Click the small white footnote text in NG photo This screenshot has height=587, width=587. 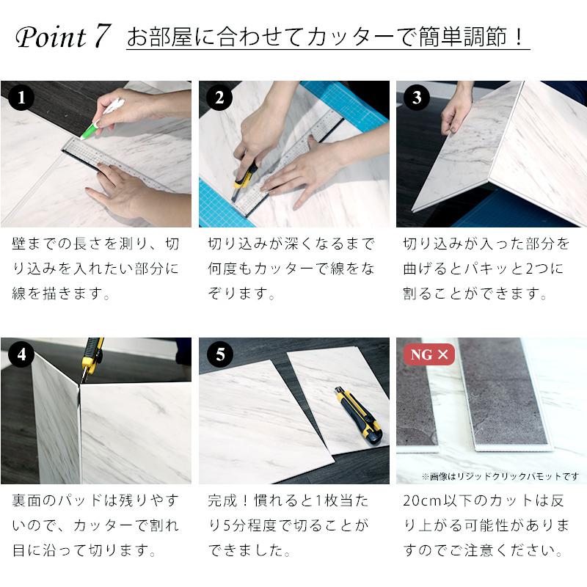click(500, 476)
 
